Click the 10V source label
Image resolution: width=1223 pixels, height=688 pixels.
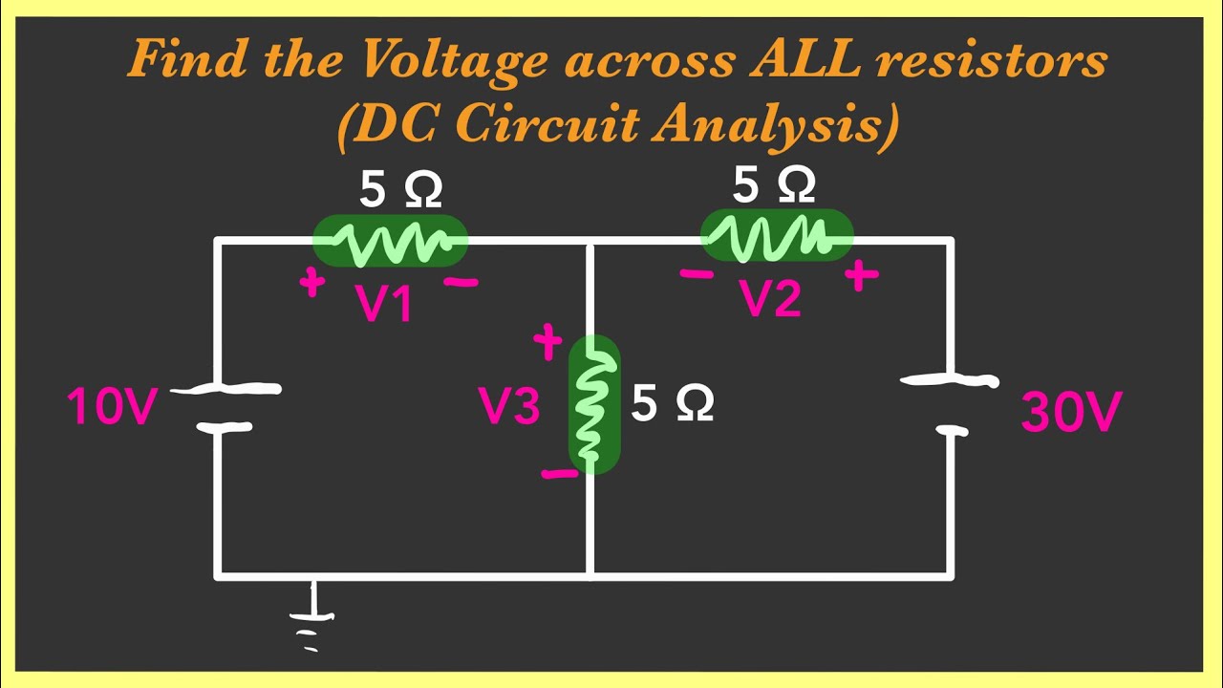(111, 407)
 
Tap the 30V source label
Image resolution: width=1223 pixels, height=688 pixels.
(1070, 414)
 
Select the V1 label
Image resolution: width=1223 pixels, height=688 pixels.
(385, 304)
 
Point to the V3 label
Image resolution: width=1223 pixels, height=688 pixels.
(509, 408)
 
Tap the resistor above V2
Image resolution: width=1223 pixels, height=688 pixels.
(777, 236)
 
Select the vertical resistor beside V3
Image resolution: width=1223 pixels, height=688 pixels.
(593, 404)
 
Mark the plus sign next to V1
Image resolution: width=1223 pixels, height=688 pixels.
(311, 283)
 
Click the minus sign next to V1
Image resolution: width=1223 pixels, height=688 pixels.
(461, 283)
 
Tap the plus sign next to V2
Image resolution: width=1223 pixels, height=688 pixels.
(861, 276)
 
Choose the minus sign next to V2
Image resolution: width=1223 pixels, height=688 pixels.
(697, 275)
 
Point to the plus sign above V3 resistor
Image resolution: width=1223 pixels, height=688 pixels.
(547, 341)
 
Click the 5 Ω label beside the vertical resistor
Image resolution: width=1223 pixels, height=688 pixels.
(672, 406)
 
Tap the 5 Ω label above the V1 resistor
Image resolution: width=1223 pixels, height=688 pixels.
(400, 191)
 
